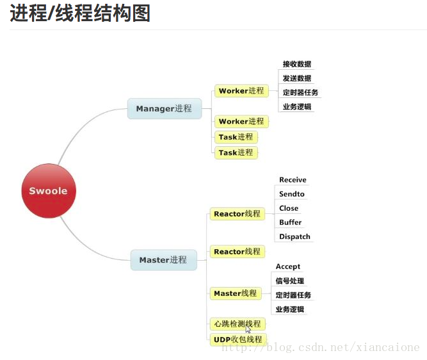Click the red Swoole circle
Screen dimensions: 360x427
click(x=49, y=191)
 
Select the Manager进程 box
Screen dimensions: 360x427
click(x=164, y=108)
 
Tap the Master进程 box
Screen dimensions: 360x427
click(x=163, y=259)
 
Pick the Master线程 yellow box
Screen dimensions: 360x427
click(x=236, y=293)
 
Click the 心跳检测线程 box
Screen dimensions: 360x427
click(x=238, y=323)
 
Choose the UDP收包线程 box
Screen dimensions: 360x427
click(x=238, y=339)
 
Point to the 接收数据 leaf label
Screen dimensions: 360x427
click(x=297, y=64)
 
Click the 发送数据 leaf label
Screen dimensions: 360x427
click(x=297, y=78)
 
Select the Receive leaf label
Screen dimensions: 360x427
click(x=293, y=180)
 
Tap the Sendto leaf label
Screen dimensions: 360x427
click(x=292, y=194)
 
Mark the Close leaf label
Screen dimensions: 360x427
click(x=289, y=208)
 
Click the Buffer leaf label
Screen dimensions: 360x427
click(x=291, y=222)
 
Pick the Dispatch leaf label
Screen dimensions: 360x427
click(x=294, y=236)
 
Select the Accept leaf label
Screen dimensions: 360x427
click(x=288, y=266)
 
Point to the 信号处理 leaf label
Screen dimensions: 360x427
click(x=290, y=281)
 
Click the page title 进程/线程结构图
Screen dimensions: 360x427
click(x=80, y=13)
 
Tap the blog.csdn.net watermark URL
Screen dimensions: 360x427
click(x=320, y=347)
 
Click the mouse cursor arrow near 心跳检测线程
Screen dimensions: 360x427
click(x=248, y=331)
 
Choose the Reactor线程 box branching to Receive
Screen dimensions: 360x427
click(x=238, y=213)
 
